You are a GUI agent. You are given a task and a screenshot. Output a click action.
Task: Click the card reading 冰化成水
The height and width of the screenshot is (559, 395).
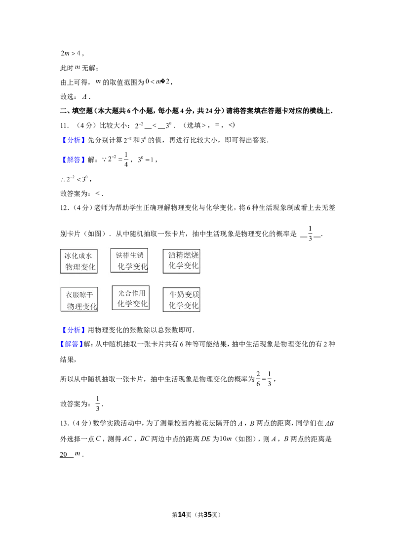(79, 261)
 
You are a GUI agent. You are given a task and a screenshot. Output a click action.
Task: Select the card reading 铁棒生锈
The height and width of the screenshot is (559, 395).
(129, 260)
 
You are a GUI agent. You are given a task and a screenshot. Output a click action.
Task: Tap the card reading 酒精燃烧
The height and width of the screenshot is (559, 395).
(182, 261)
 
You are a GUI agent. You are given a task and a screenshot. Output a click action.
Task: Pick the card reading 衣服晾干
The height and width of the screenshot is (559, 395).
(79, 299)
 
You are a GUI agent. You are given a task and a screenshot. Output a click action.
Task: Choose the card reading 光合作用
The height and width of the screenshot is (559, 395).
(130, 298)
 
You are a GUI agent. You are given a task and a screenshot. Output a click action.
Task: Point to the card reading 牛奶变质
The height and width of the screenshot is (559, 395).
(182, 300)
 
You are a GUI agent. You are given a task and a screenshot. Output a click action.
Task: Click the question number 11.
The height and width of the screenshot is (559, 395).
(64, 125)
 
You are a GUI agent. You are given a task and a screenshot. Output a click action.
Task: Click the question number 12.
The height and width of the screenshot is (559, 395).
(64, 208)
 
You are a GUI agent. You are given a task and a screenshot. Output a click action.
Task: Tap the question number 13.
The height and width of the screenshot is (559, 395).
(64, 423)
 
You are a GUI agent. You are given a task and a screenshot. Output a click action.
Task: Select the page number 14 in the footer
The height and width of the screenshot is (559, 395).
(182, 515)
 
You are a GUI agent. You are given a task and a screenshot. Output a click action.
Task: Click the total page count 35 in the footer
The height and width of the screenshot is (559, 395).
(207, 515)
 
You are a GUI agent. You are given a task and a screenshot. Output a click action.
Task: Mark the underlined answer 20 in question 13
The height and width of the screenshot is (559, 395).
(64, 454)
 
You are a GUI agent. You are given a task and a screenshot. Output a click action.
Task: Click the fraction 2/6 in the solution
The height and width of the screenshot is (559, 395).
(258, 379)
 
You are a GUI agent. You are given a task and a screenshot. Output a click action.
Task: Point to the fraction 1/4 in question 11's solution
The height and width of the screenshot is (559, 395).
(126, 160)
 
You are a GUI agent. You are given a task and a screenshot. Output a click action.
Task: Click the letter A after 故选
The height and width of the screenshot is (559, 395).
(84, 97)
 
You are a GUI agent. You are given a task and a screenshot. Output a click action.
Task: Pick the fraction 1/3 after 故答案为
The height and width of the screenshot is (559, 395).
(98, 404)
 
